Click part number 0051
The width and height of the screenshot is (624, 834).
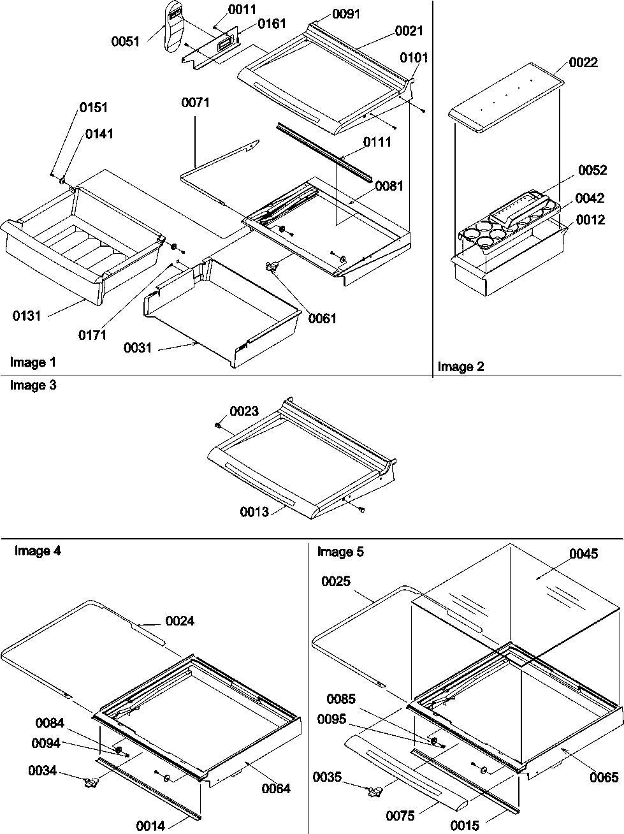coord(126,41)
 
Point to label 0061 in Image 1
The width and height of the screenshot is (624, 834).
coord(322,319)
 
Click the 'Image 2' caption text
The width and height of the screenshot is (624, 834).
coord(460,367)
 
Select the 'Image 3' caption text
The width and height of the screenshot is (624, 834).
coord(33,385)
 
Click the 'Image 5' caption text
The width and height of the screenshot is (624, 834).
coord(340,552)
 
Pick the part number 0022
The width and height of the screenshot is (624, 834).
coord(583,62)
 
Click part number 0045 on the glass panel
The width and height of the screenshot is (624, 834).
coord(584,553)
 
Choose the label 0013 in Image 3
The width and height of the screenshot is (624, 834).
coord(255,511)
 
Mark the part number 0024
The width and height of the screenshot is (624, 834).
coord(180,620)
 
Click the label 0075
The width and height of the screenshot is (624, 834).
coord(400,816)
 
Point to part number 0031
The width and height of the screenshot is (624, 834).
coord(138,348)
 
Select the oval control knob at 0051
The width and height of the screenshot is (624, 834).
coord(171,26)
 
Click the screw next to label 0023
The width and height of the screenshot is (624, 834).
coord(218,424)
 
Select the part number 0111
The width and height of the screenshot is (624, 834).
coord(377,142)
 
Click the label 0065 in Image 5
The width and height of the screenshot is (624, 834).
coord(604,777)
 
